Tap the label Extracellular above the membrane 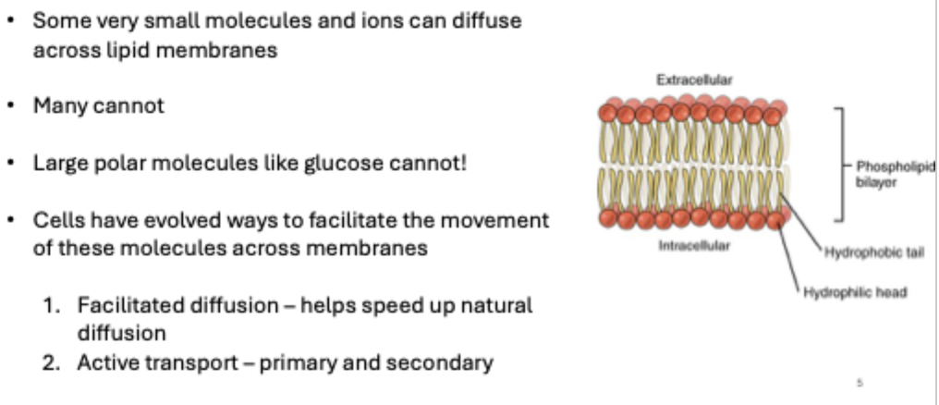click(694, 80)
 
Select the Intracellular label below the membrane click(694, 246)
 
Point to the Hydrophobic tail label click(874, 252)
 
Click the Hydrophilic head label click(855, 292)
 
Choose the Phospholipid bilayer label click(895, 175)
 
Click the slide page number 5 click(860, 382)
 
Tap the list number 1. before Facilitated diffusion click(52, 305)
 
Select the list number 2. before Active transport click(52, 362)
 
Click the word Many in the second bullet click(60, 106)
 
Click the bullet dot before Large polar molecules click(11, 163)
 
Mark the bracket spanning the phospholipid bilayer click(843, 165)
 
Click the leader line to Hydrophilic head click(788, 258)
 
